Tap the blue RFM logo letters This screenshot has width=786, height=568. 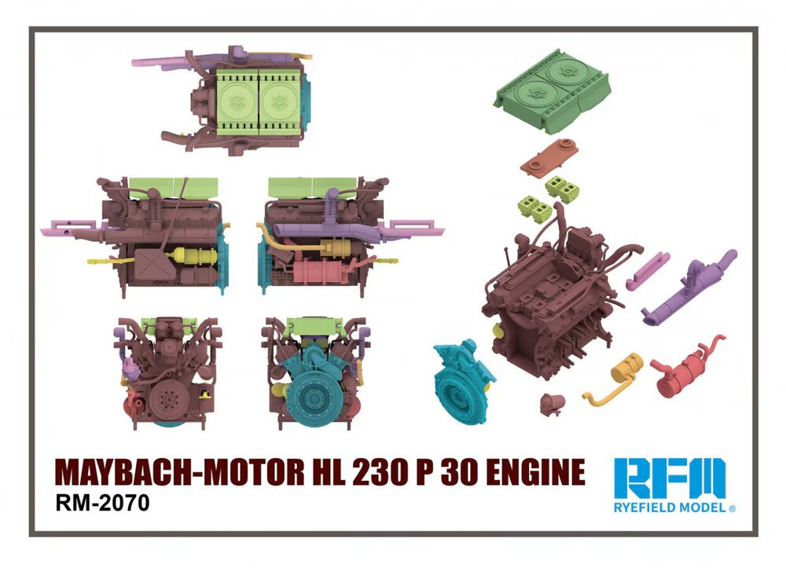point(670,476)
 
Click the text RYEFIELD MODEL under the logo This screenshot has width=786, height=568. point(670,508)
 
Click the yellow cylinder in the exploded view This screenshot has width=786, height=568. point(626,368)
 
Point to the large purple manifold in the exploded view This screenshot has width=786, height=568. point(689,288)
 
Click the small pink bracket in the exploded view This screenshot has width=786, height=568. point(649,269)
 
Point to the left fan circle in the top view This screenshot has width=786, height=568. point(235,101)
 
